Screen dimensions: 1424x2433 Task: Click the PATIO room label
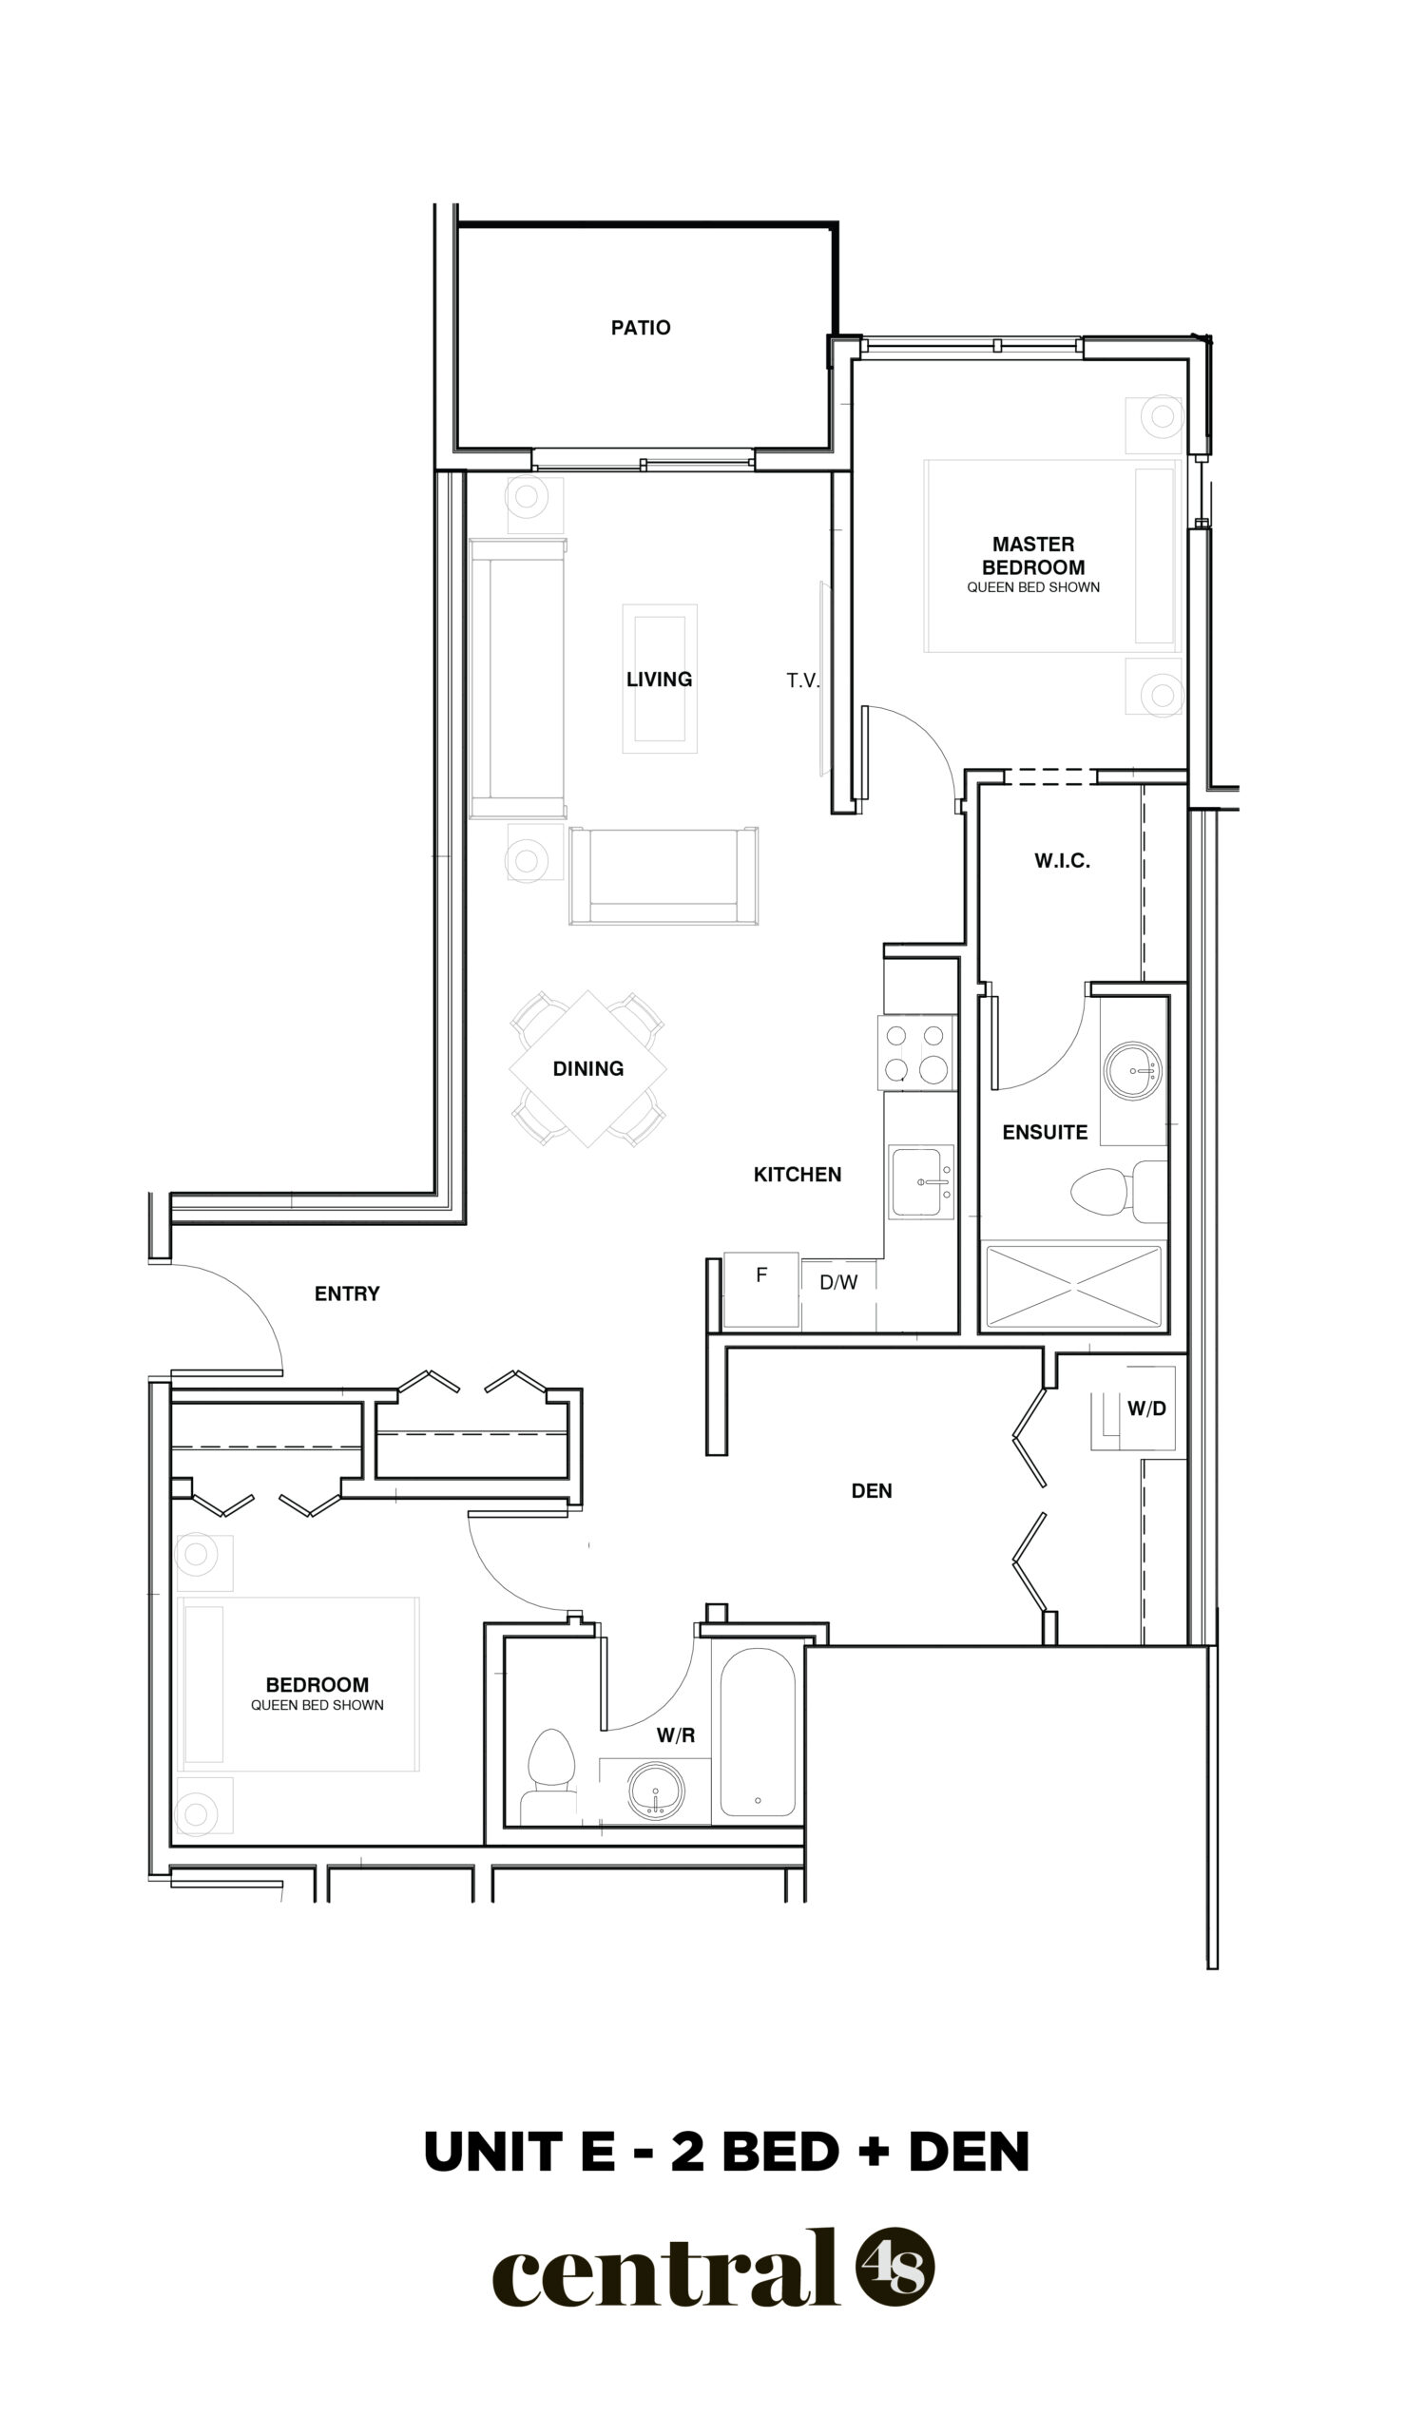[640, 327]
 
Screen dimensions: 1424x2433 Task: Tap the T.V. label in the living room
[802, 680]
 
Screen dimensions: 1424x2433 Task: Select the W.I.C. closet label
[1062, 860]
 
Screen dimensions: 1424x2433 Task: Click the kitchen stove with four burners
[917, 1052]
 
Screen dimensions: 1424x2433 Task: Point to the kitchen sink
[921, 1181]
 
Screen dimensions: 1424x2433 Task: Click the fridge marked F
[760, 1291]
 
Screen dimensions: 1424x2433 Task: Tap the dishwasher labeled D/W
[838, 1293]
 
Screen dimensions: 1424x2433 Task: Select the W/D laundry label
[1146, 1408]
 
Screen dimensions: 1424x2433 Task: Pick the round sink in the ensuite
[1132, 1070]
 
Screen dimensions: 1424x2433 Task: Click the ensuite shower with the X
[1072, 1287]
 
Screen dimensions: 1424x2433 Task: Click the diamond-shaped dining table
[587, 1069]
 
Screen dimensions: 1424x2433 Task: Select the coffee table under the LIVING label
[660, 679]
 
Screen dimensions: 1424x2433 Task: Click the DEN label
[871, 1491]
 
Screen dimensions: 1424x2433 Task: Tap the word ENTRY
[347, 1293]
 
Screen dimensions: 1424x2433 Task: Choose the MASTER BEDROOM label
[1033, 556]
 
